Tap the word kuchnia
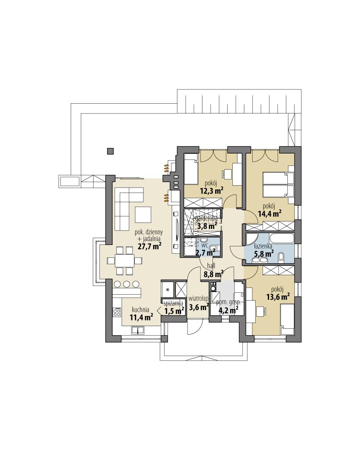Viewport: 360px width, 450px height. click(141, 310)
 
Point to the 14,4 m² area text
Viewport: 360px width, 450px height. click(269, 213)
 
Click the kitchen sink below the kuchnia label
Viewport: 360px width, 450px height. click(138, 330)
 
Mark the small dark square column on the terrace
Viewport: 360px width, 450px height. click(110, 151)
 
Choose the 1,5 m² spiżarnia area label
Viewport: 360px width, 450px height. click(174, 310)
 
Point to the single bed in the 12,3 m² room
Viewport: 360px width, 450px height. click(191, 169)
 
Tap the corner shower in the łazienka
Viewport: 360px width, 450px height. click(251, 239)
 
